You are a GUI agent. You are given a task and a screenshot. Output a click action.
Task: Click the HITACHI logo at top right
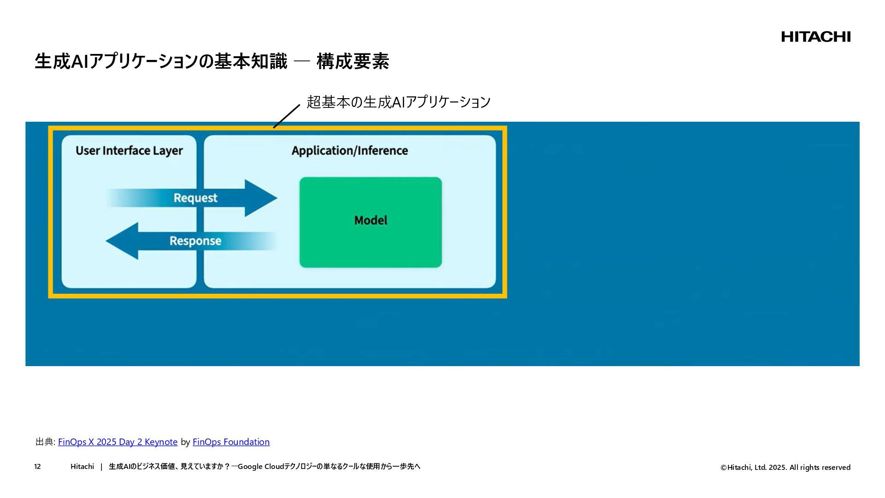point(815,37)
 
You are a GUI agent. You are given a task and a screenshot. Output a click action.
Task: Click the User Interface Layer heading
point(129,151)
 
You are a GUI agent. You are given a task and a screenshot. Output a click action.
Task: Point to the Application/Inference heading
point(349,151)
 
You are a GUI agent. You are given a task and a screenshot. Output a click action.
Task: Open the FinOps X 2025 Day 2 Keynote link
point(118,442)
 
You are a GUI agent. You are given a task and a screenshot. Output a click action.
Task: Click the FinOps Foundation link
point(231,442)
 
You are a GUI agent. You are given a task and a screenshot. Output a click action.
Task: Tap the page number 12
point(37,467)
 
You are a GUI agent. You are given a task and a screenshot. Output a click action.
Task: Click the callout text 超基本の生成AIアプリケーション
point(399,102)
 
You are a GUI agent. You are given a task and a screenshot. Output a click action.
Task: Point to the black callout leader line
point(286,116)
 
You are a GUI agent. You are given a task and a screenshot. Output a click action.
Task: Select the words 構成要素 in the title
point(353,61)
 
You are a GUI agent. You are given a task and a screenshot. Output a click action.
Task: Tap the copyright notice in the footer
point(785,468)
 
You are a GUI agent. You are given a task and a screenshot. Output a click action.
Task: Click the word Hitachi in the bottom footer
point(82,467)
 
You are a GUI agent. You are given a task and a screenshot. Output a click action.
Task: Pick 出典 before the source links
point(44,442)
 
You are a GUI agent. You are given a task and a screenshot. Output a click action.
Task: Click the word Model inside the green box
point(371,220)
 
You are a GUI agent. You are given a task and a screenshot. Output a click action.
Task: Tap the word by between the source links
point(185,442)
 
